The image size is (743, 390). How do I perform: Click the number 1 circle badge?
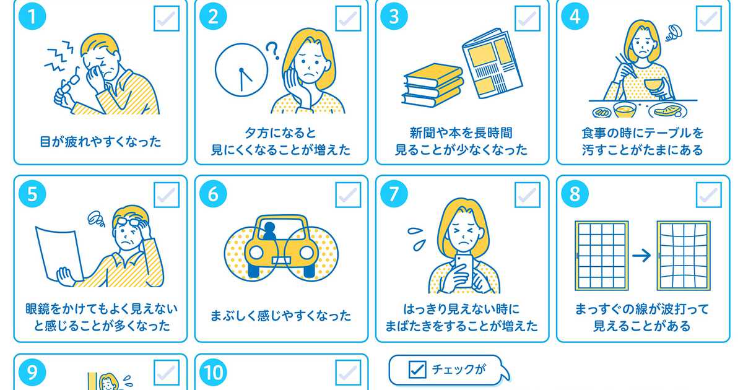32,16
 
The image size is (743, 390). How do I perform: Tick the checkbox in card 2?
348,19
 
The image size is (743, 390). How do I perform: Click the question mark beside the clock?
272,50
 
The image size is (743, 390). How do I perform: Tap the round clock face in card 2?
241,70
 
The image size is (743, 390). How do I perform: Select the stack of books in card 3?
433,85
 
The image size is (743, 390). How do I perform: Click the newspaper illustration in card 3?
493,63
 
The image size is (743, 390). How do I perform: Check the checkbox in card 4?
708,19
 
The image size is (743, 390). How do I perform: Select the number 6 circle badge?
213,194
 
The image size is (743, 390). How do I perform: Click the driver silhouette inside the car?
269,231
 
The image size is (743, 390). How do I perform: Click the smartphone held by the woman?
464,271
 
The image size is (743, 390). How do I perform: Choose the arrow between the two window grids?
641,255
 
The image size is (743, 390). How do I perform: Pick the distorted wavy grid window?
684,256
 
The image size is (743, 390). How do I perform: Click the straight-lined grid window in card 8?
601,256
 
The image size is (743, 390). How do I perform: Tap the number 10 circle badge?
213,372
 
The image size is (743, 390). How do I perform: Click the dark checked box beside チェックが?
417,370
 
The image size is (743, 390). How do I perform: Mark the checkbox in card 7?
528,195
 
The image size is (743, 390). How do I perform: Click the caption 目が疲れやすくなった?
100,142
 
